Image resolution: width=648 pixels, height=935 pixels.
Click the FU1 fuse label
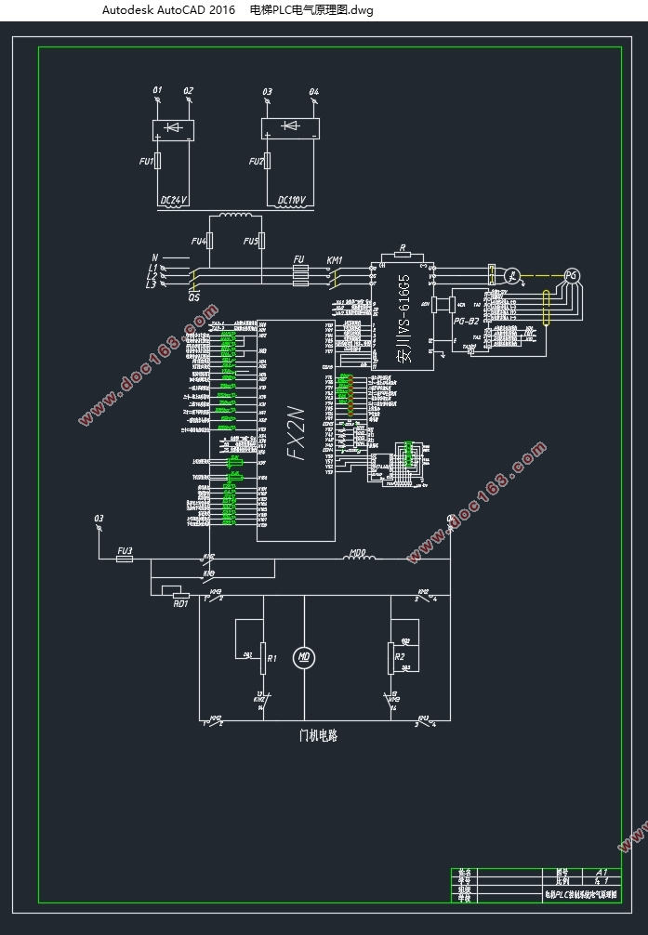[x=146, y=162]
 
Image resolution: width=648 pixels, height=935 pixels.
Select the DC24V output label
[x=174, y=200]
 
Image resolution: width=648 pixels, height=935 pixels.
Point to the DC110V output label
[x=295, y=200]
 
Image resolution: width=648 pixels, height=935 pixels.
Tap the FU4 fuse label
[x=198, y=242]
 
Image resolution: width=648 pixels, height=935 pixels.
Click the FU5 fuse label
[x=250, y=242]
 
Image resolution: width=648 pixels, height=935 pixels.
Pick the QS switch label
[x=194, y=296]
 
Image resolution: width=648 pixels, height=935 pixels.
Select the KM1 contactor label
[x=335, y=260]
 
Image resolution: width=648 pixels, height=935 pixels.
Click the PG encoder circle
[x=572, y=275]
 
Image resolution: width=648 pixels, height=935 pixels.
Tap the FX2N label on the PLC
[x=296, y=431]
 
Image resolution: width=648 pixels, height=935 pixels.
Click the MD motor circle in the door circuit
[x=302, y=658]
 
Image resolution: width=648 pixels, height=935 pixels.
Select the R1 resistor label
[x=272, y=658]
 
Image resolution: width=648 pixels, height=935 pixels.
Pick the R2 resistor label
[x=401, y=657]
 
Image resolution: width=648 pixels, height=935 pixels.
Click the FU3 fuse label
[x=124, y=551]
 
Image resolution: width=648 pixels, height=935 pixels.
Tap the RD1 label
[x=180, y=602]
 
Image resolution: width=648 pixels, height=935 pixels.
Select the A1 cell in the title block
[x=602, y=873]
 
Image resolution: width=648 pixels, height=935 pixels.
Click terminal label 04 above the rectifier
[x=313, y=91]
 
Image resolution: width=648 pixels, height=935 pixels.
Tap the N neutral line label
[x=154, y=257]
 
